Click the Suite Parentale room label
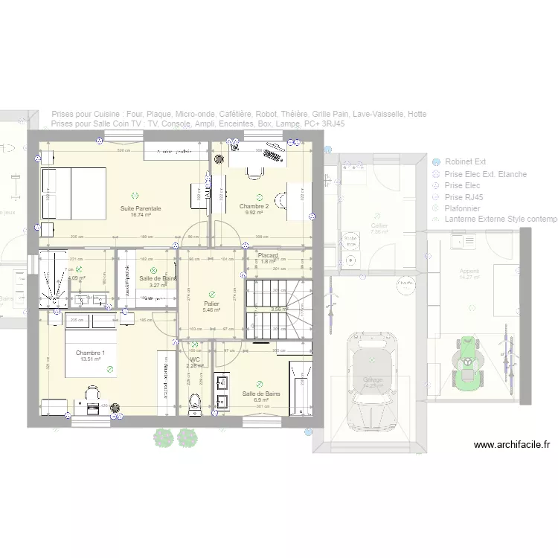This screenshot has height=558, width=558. (141, 208)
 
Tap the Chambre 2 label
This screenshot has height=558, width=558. (254, 206)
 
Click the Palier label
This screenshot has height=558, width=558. (212, 304)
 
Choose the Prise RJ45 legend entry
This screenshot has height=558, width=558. (462, 197)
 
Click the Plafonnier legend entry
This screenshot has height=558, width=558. (462, 209)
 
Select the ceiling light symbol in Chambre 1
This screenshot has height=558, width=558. (110, 368)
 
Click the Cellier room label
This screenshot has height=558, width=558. (379, 225)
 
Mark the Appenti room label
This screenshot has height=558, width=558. (469, 272)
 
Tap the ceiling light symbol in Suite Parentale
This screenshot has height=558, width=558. (134, 195)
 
